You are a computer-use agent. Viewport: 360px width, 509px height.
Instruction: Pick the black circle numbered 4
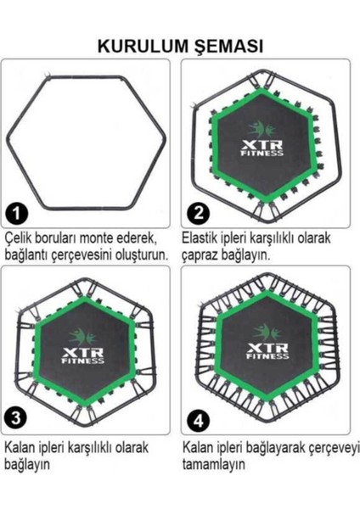click(197, 418)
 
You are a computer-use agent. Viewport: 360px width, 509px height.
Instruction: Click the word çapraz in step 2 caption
click(202, 255)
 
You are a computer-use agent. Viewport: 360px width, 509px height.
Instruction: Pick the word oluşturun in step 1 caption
click(143, 255)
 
